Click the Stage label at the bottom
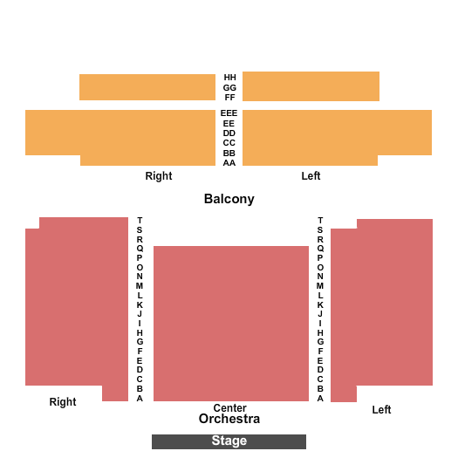(x=229, y=441)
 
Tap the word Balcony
(x=229, y=199)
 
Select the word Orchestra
(x=229, y=419)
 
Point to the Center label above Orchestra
(x=230, y=407)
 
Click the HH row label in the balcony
(x=230, y=78)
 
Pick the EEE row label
(x=229, y=113)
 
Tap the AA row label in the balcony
(x=229, y=162)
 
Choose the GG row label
(x=229, y=87)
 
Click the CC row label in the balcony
(x=229, y=143)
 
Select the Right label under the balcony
(x=159, y=176)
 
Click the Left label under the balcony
(x=311, y=176)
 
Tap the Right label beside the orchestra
(x=63, y=402)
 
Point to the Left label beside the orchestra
(x=381, y=410)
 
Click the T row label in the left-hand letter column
(x=140, y=220)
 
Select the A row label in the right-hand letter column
(x=320, y=398)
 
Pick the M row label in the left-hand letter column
(x=140, y=285)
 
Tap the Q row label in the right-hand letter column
(x=320, y=249)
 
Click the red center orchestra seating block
(x=231, y=324)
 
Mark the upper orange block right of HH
(x=311, y=86)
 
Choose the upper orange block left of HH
(x=147, y=87)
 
